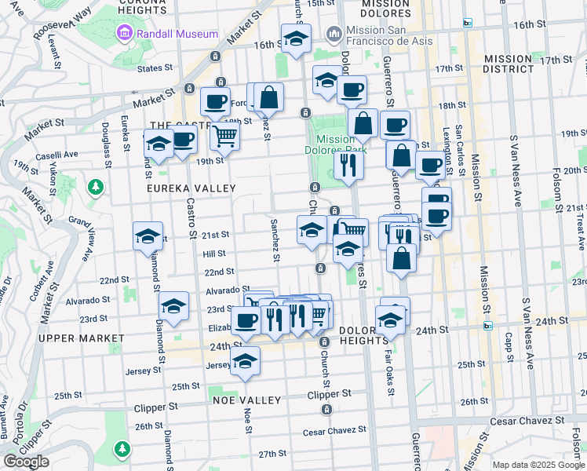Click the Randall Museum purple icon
(123, 34)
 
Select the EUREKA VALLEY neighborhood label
(191, 188)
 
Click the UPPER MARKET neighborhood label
(80, 338)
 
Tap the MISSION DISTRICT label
(508, 64)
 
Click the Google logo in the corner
(25, 462)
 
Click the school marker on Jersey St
(246, 362)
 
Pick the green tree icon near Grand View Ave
(96, 187)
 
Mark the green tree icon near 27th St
(122, 448)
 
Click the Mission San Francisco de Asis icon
(334, 35)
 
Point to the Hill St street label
(214, 254)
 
